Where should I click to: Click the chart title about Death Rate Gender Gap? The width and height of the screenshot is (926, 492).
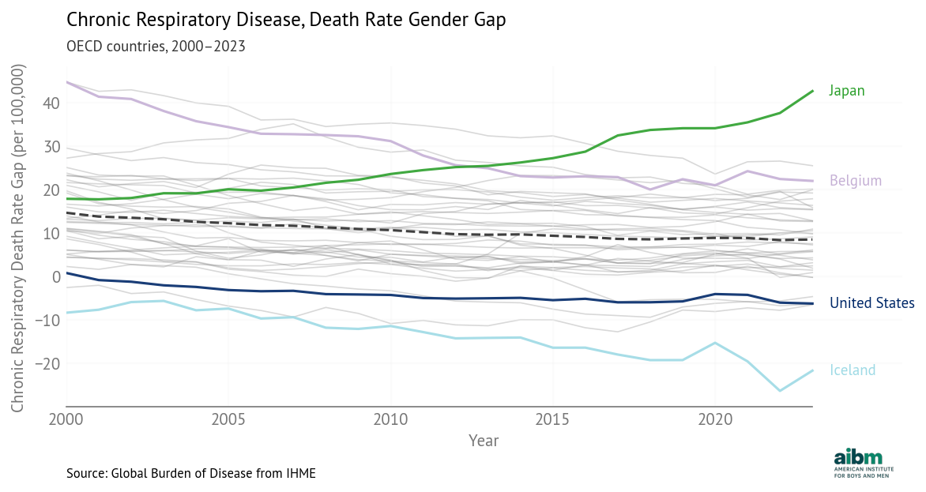285,20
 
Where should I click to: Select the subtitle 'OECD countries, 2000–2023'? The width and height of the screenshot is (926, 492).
156,46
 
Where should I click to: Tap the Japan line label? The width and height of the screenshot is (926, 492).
846,91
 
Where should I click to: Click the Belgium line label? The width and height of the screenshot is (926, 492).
855,181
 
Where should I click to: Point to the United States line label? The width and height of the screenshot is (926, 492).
871,303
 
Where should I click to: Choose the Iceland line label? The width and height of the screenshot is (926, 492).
853,370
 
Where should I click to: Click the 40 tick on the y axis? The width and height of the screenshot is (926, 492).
51,103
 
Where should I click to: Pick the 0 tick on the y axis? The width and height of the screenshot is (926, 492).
56,277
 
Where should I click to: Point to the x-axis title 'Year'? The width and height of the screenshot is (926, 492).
483,440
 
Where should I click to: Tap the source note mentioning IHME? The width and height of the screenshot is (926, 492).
191,474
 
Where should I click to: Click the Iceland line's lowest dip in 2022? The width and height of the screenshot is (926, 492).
780,391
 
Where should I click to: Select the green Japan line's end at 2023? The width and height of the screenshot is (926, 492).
812,91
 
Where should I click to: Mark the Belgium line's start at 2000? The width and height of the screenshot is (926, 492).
66,82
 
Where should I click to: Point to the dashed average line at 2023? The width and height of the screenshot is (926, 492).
811,239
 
